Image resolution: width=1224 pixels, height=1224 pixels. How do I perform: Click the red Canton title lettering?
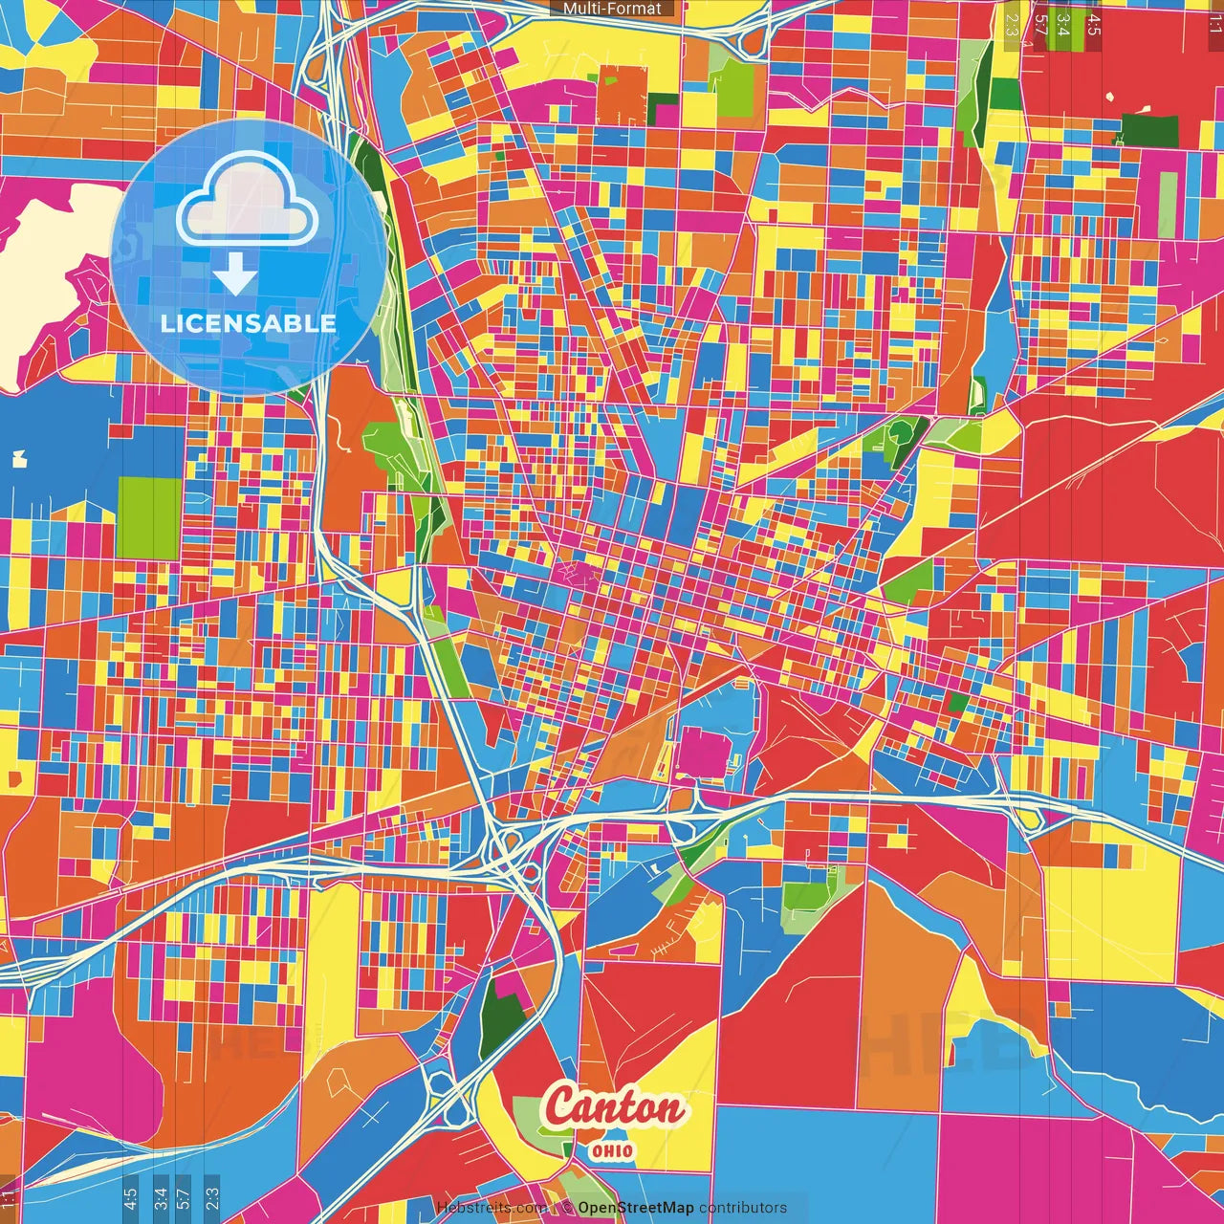615,1108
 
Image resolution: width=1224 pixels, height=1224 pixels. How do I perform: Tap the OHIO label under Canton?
612,1150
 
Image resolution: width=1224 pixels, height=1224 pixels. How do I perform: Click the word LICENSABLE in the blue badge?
248,323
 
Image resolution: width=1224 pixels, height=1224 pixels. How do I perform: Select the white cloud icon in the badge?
247,201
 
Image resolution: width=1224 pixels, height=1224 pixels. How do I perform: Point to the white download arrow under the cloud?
235,273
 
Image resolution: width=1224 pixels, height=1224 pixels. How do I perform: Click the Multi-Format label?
612,9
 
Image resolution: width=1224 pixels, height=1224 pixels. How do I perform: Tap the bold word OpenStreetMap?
636,1208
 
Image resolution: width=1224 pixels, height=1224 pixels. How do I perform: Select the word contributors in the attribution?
743,1208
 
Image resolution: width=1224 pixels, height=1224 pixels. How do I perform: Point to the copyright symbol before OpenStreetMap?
567,1208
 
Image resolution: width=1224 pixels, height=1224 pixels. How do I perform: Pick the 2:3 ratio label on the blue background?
212,1198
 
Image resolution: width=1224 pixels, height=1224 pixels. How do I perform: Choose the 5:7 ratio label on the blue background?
184,1198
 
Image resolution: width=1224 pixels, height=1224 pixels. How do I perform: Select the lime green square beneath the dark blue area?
148,517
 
